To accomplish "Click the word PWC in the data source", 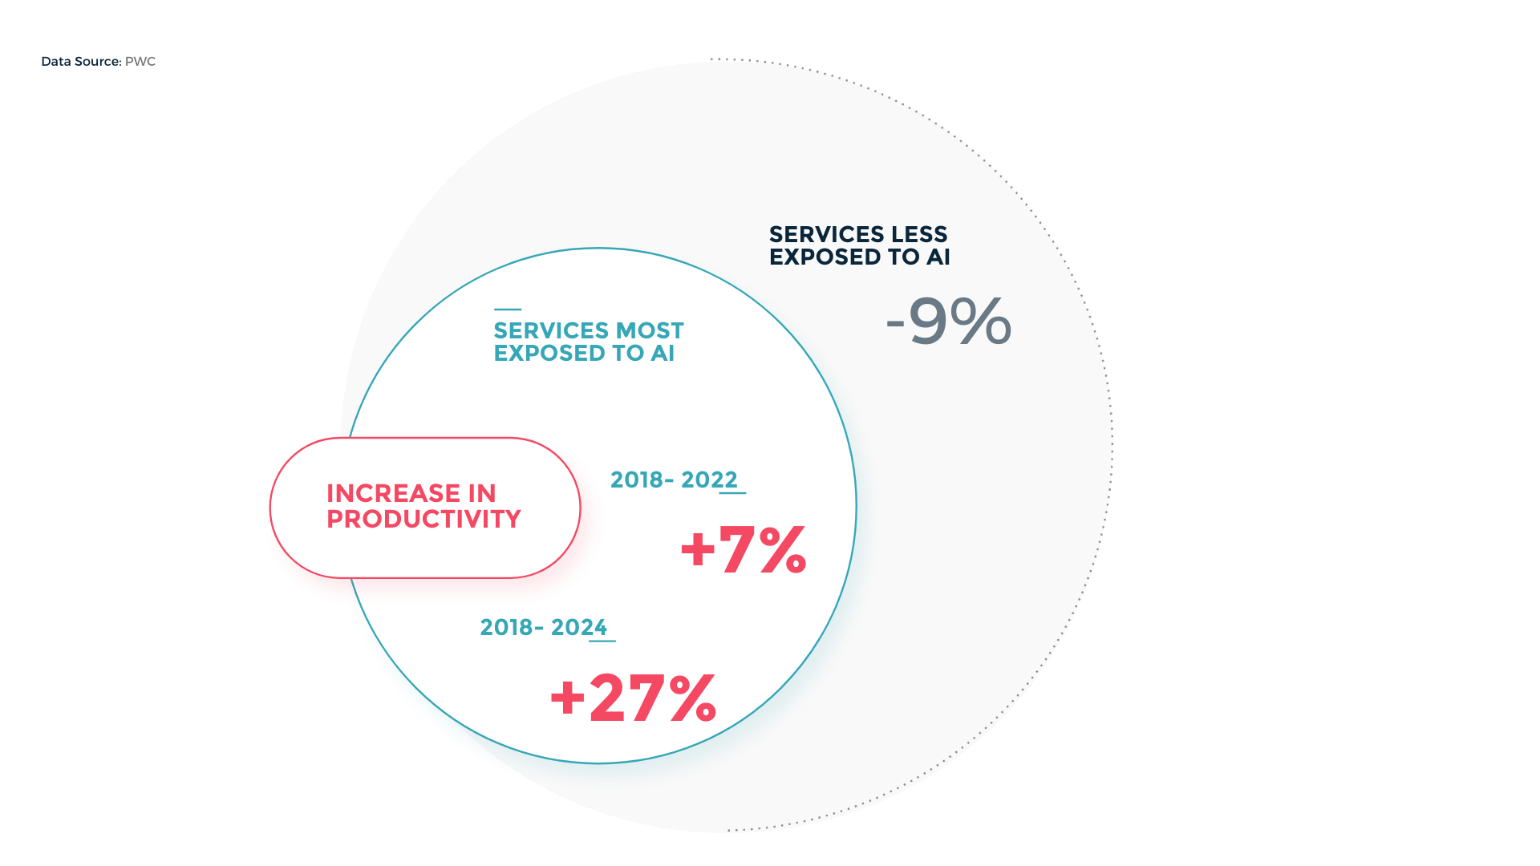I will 140,62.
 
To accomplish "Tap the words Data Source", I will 80,62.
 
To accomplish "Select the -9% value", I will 948,322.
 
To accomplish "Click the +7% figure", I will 743,550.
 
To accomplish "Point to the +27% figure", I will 633,698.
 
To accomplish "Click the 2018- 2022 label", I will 674,480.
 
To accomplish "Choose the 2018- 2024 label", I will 543,627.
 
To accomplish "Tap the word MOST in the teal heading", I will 650,330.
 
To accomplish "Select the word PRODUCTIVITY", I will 423,519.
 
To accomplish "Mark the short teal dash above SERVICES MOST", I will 508,310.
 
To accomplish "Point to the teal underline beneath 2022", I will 732,493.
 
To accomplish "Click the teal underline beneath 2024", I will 602,641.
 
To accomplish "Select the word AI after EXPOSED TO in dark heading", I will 938,257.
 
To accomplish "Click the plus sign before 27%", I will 568,698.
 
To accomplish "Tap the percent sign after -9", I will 981,322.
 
